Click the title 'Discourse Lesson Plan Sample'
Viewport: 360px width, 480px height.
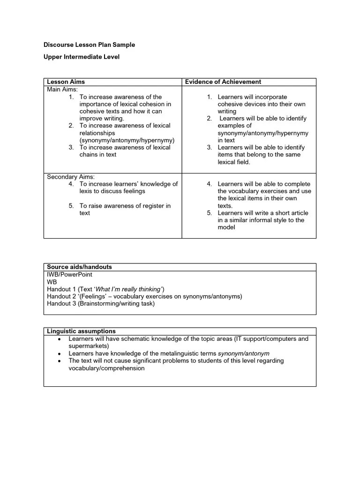[x=89, y=45]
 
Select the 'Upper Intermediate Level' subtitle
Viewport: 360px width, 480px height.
[x=82, y=57]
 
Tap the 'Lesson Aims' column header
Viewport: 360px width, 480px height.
[x=66, y=82]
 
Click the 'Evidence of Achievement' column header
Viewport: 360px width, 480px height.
[x=223, y=82]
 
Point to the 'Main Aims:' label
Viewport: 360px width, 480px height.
[x=62, y=90]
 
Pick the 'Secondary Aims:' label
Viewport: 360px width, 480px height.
[x=71, y=177]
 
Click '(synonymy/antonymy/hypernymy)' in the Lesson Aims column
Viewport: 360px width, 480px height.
[x=127, y=140]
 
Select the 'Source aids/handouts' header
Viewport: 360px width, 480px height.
[x=79, y=267]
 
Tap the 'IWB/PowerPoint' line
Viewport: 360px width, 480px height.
[x=69, y=274]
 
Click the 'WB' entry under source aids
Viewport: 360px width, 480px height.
[x=52, y=282]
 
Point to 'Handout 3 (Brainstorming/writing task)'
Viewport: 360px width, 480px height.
[x=100, y=304]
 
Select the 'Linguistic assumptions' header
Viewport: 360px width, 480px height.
[x=81, y=331]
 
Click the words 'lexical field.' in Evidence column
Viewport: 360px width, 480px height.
[x=234, y=162]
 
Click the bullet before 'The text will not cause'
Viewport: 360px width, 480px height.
[x=59, y=361]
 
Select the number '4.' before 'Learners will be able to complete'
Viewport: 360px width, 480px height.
[x=210, y=184]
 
